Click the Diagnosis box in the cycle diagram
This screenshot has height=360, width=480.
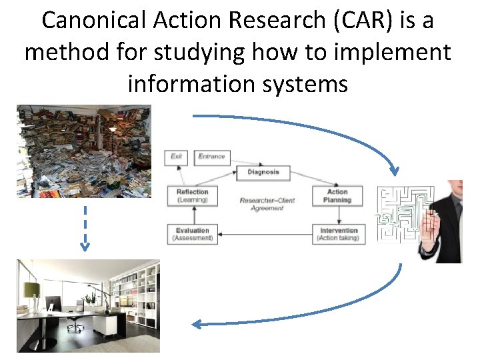point(263,172)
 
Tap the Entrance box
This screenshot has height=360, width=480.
point(212,157)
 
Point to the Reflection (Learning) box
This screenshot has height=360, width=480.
point(192,195)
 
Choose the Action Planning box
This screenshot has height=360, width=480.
point(337,195)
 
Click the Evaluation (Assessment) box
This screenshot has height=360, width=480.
point(192,234)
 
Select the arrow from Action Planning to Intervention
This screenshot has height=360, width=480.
point(338,215)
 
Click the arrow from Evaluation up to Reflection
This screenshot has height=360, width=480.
point(193,215)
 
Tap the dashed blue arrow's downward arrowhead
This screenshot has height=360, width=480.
point(85,246)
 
